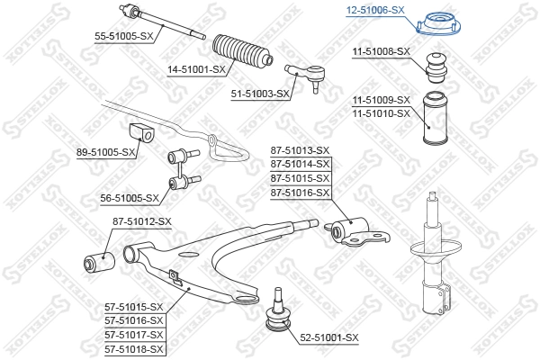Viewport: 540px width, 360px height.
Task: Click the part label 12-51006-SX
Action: tap(374, 10)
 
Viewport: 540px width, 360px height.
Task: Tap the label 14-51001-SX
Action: tap(194, 68)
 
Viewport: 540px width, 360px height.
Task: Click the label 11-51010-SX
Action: tap(382, 112)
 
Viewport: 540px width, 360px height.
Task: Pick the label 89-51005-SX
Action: tap(107, 152)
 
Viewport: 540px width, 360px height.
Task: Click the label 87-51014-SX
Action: tap(301, 165)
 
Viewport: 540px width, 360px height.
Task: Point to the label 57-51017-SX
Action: tap(133, 334)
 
